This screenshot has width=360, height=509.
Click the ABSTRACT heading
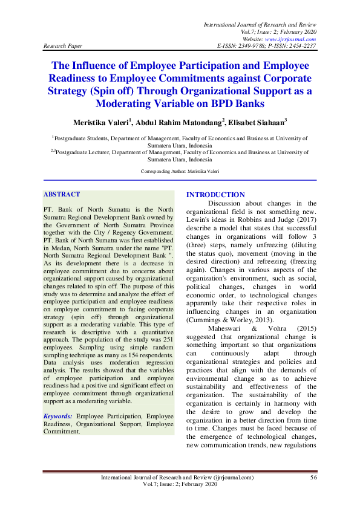tap(61, 194)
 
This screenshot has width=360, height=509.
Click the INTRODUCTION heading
tap(215, 195)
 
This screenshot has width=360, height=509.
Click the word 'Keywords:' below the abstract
tap(58, 417)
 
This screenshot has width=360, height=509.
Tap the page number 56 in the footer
tap(313, 478)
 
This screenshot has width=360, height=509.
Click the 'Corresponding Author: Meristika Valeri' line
tap(180, 172)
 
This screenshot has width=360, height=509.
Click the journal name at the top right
tap(260, 23)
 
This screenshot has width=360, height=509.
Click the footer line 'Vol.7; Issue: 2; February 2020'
tap(180, 485)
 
